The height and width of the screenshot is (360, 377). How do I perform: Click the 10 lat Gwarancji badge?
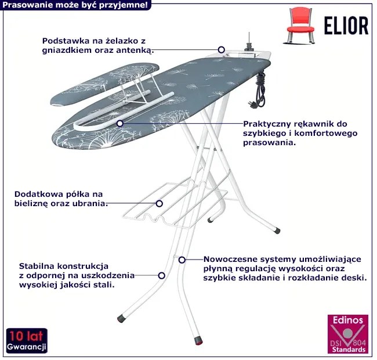(x=26, y=341)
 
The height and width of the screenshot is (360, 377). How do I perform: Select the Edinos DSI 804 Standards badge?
(x=347, y=335)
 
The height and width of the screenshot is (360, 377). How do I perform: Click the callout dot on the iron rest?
(x=221, y=50)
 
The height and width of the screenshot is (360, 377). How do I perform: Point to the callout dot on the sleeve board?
(x=119, y=123)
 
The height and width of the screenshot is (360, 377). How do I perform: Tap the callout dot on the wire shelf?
(x=159, y=203)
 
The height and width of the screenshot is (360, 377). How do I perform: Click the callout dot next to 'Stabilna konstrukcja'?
(x=162, y=276)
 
